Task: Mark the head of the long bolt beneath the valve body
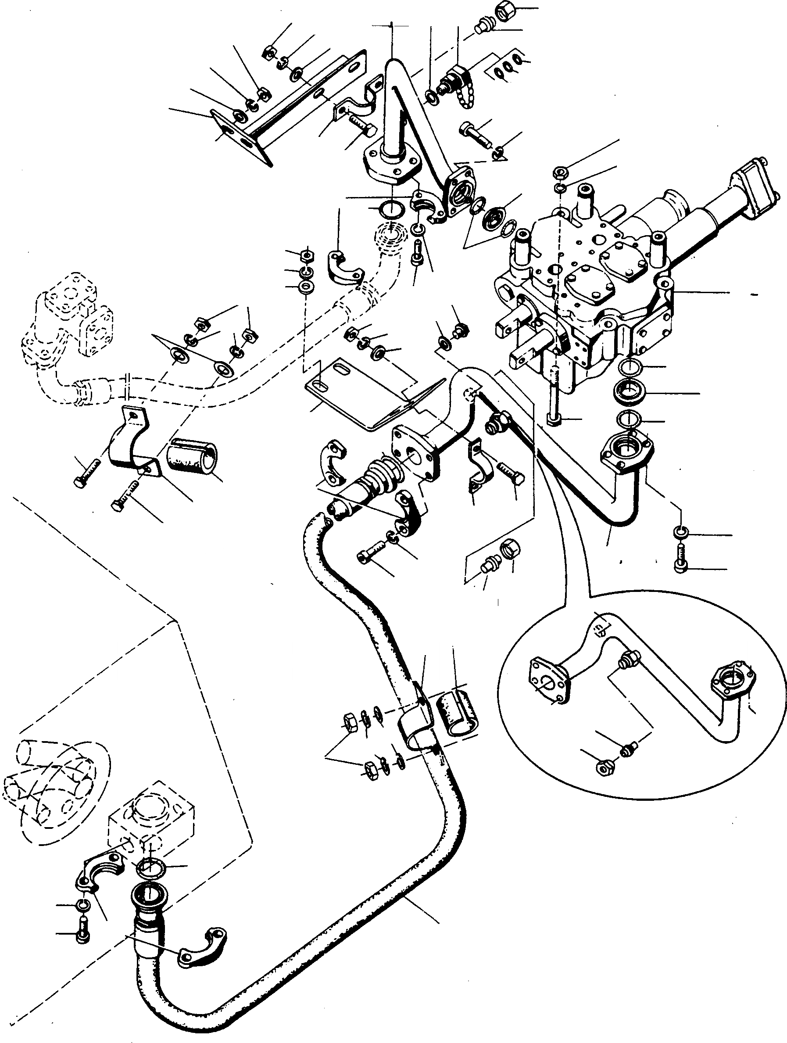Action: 553,418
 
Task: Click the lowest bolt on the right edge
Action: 681,566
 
